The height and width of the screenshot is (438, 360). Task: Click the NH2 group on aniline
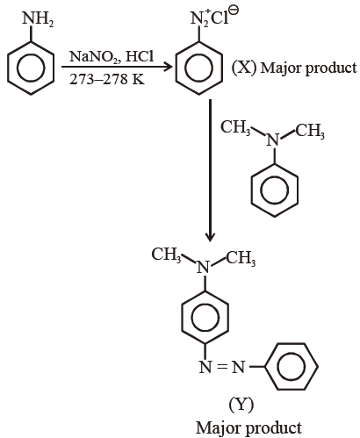pos(38,20)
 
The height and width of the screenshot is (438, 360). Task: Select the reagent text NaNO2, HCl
pos(112,56)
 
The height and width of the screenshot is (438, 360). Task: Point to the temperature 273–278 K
pos(107,79)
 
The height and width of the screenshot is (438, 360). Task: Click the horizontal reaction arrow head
pos(168,67)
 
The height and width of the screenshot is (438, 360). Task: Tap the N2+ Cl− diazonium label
pos(214,17)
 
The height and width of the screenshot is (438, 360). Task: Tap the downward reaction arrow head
pos(210,238)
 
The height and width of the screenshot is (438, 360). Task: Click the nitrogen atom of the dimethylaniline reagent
pos(273,140)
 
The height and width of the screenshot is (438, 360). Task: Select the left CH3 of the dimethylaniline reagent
pos(235,128)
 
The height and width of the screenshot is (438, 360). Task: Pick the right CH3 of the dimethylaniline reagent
pos(310,131)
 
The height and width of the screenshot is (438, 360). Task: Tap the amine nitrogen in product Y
pos(204,267)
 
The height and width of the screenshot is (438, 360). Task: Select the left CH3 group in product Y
pos(167,255)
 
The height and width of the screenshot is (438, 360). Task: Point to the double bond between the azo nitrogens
pos(222,367)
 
